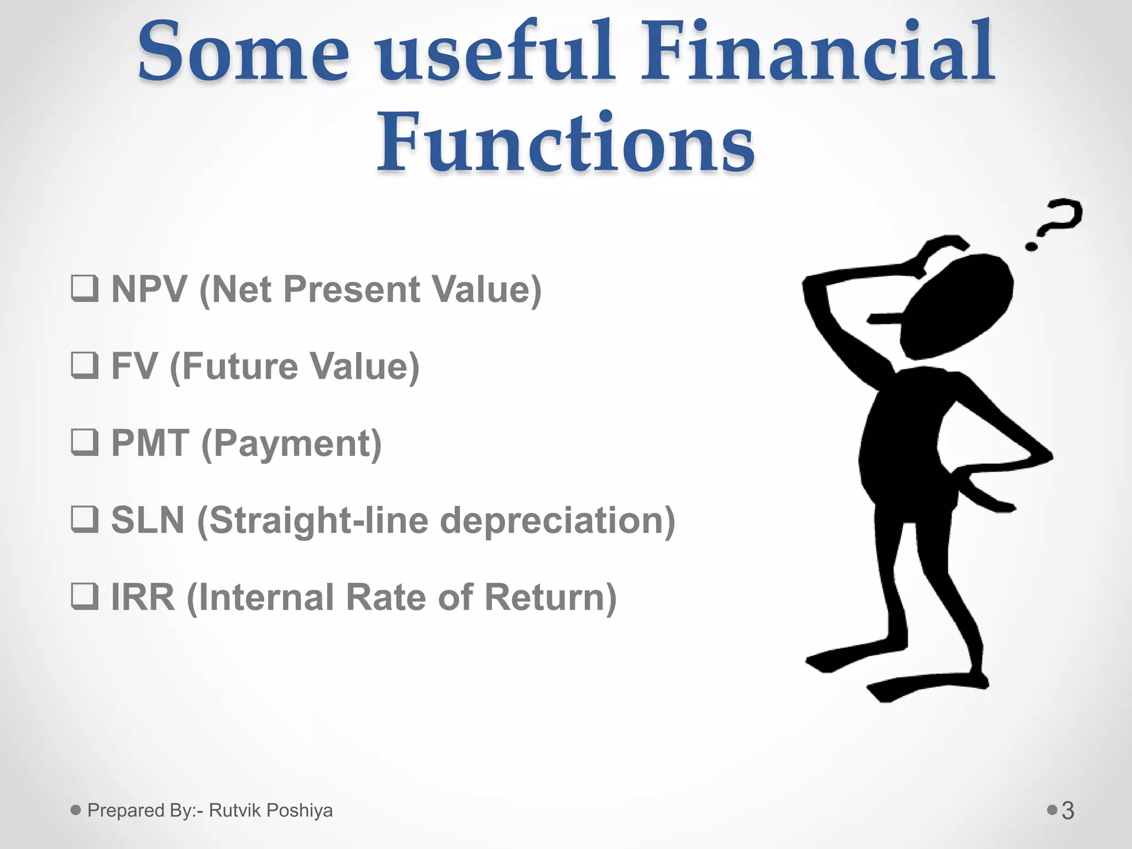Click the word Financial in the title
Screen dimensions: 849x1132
tap(817, 53)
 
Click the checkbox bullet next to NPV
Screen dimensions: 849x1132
tap(85, 289)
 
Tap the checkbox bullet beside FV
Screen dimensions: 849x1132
tap(85, 365)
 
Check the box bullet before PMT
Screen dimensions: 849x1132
tap(85, 442)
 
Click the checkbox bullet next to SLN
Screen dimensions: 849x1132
tap(85, 520)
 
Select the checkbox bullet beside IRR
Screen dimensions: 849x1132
tap(85, 596)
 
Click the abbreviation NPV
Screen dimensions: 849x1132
tap(149, 289)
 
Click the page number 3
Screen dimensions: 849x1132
tap(1068, 811)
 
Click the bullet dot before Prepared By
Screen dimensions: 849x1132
tap(76, 810)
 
